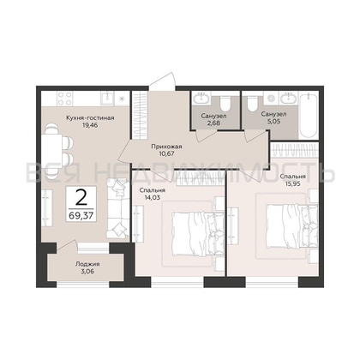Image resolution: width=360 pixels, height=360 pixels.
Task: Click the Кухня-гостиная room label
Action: (x=90, y=118)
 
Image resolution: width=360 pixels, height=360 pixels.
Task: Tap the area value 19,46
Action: (x=90, y=125)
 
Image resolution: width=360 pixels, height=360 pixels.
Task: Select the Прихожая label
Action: (x=166, y=147)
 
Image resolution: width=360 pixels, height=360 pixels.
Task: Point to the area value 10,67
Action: (x=166, y=153)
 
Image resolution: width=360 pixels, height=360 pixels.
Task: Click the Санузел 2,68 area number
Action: (x=214, y=123)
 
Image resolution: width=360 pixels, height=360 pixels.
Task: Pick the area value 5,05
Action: (x=274, y=121)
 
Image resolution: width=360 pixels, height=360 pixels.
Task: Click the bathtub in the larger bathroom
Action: (x=309, y=115)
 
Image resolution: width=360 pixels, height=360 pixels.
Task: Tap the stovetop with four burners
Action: (x=64, y=99)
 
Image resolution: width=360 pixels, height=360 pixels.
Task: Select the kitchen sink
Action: (x=107, y=98)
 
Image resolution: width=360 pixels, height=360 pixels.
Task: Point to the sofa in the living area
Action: (x=118, y=208)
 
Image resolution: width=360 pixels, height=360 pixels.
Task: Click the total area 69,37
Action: (x=81, y=216)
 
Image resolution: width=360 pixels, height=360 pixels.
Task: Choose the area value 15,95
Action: (x=292, y=183)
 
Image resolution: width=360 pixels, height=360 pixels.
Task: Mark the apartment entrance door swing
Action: (x=162, y=81)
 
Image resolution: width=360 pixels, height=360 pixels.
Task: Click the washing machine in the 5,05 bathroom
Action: (x=271, y=99)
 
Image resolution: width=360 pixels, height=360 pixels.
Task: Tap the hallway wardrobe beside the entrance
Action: (x=140, y=115)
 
